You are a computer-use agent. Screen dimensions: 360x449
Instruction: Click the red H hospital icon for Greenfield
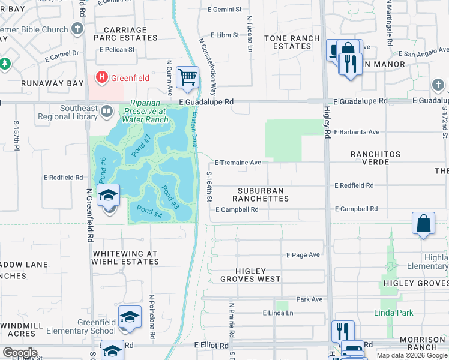click(x=102, y=77)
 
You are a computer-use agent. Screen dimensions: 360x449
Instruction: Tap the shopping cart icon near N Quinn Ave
click(x=188, y=76)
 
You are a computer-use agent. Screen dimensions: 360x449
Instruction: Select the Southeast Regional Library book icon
click(x=107, y=110)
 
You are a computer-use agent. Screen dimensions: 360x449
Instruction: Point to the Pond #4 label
click(x=149, y=210)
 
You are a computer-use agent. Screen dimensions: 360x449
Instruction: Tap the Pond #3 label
click(x=170, y=197)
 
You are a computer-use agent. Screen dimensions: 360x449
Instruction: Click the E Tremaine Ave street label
click(x=238, y=163)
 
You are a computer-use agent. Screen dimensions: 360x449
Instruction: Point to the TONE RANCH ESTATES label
click(x=292, y=42)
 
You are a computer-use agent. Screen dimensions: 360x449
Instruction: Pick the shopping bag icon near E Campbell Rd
click(x=423, y=223)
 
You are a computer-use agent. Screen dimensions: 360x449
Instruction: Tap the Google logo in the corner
click(x=20, y=352)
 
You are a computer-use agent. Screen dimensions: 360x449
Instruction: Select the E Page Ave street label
click(x=303, y=255)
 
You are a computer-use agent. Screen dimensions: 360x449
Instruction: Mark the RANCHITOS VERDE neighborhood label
click(x=375, y=158)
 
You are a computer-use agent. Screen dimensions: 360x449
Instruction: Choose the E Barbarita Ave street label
click(x=357, y=132)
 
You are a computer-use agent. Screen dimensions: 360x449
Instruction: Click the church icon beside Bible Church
click(x=77, y=29)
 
